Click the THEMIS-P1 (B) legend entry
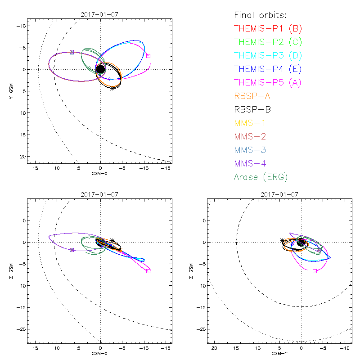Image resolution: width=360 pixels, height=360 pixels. tap(268, 29)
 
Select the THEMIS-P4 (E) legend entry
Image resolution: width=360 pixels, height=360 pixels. tap(268, 69)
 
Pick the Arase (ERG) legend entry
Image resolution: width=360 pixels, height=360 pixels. tap(261, 177)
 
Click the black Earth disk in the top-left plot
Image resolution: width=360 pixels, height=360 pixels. tap(100, 69)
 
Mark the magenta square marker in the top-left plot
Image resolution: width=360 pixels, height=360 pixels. tap(148, 56)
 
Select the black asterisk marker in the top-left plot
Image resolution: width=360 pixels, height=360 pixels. tap(112, 88)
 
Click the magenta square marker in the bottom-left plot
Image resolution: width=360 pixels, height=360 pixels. tap(148, 271)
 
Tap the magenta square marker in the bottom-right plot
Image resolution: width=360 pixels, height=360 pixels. tap(315, 271)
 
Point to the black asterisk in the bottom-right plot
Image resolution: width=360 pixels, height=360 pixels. tap(282, 241)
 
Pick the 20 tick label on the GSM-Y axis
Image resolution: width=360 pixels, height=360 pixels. tap(214, 348)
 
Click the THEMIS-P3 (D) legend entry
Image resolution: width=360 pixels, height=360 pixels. tap(268, 56)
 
